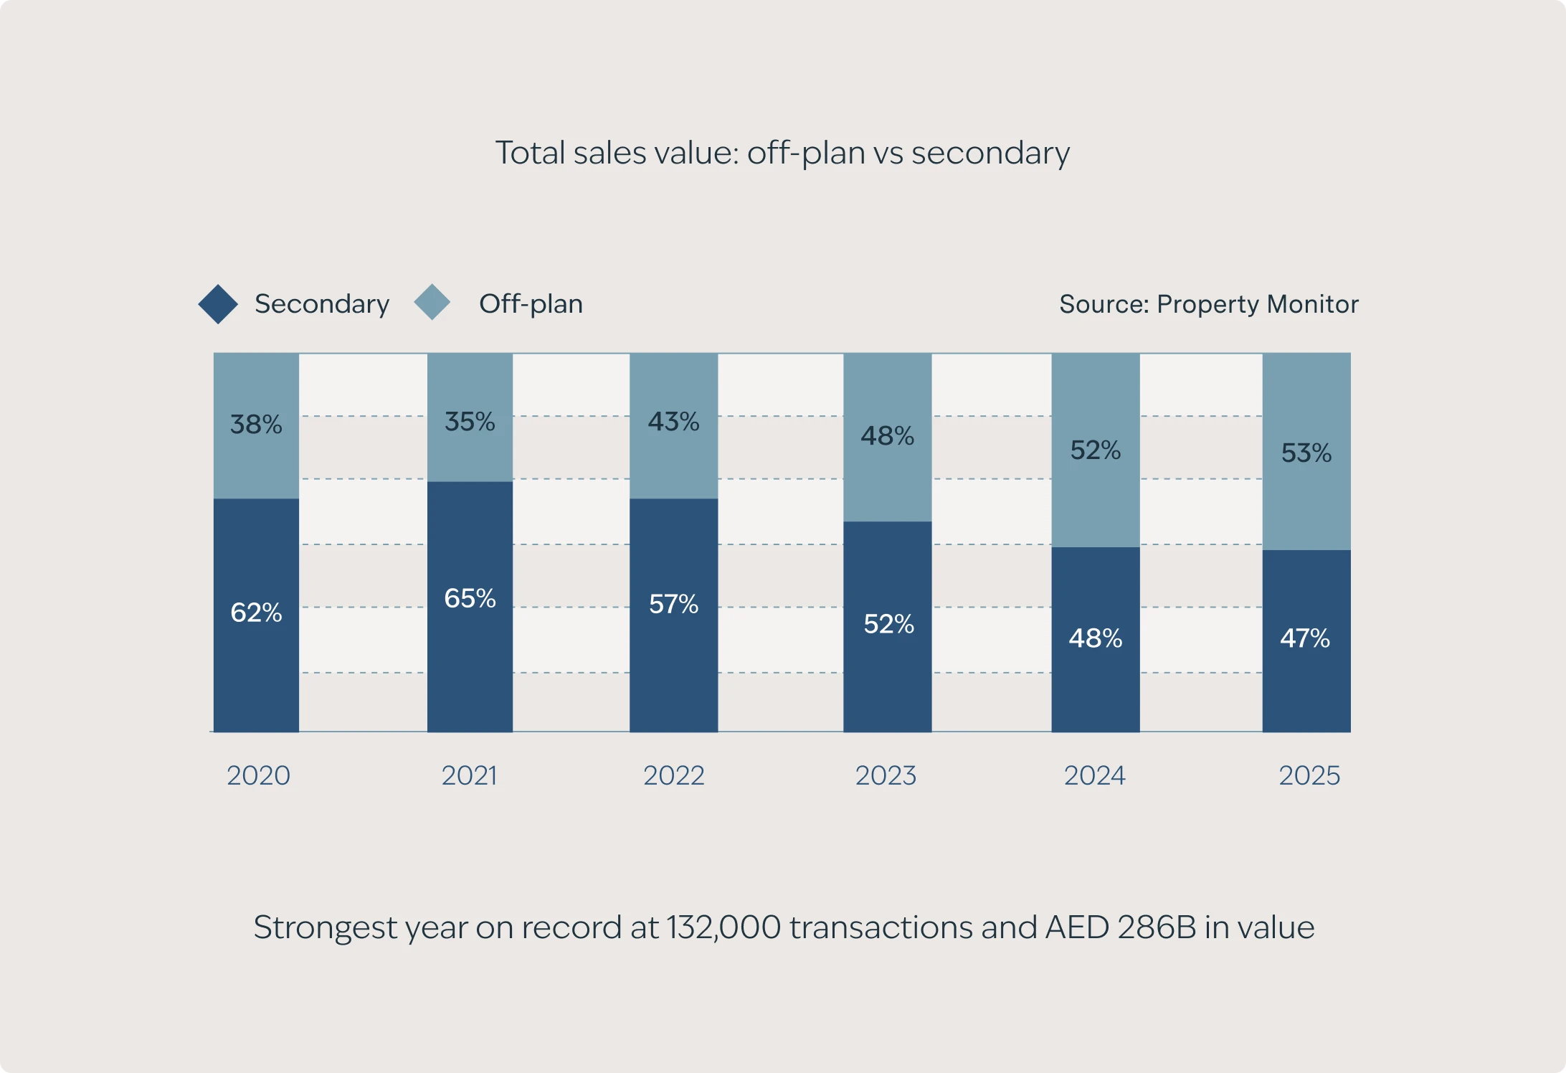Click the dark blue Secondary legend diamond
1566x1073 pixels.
[x=218, y=304]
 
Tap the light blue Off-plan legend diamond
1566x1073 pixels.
[x=432, y=302]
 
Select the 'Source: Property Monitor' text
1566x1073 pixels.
[x=1208, y=304]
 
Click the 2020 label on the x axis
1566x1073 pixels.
[x=258, y=775]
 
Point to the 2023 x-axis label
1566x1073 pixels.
[x=886, y=775]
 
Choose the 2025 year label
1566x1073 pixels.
[x=1309, y=775]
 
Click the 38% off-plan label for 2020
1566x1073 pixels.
[x=256, y=424]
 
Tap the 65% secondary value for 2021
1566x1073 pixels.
[x=470, y=598]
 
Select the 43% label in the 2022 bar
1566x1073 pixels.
[x=673, y=421]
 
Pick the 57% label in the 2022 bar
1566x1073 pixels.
[x=673, y=604]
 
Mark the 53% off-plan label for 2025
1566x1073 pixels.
[x=1306, y=453]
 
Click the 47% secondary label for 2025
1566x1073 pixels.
[x=1305, y=638]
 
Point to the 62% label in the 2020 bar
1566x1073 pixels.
[x=256, y=613]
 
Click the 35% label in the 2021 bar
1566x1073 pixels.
[x=470, y=421]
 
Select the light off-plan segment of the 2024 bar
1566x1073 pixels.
[x=1096, y=502]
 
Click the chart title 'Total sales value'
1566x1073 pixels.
[x=782, y=153]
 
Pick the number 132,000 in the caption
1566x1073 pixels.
[x=723, y=927]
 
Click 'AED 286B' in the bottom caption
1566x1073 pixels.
[x=1121, y=927]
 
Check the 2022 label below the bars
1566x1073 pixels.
[x=673, y=775]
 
